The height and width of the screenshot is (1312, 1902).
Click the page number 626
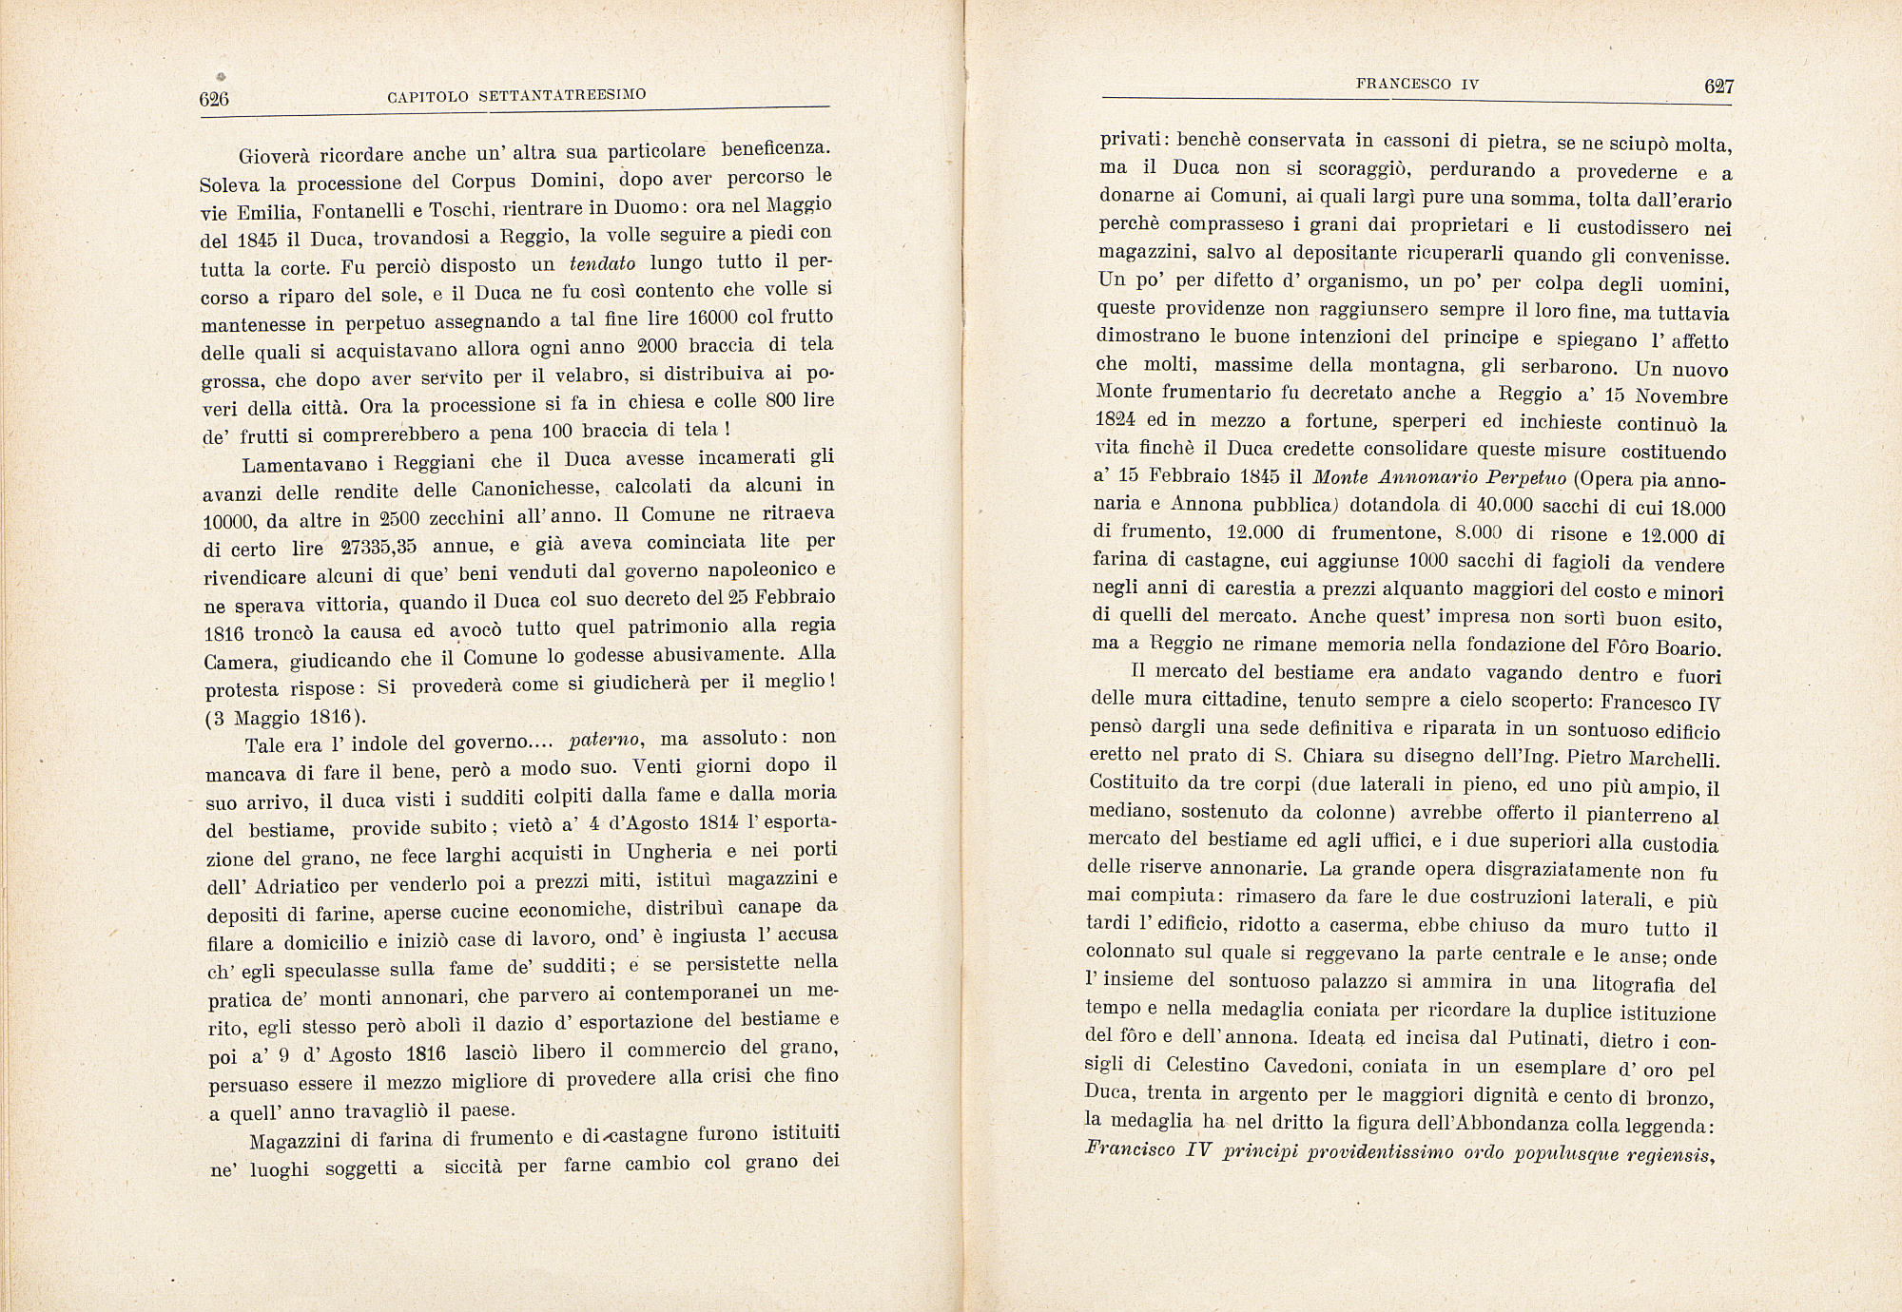[215, 99]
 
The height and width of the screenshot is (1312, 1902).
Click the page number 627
[1718, 87]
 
